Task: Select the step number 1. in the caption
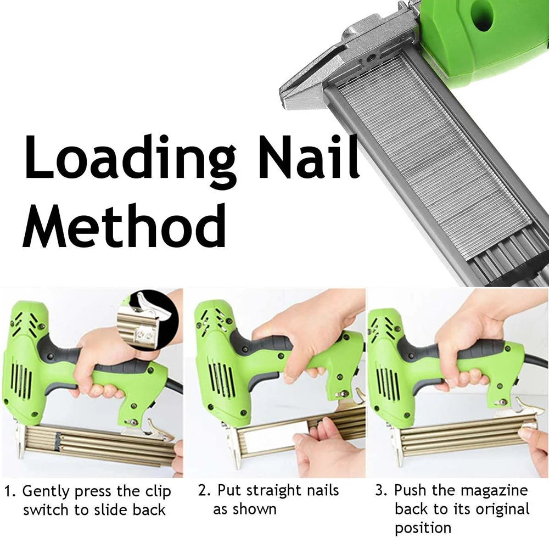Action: point(10,491)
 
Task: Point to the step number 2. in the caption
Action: point(204,490)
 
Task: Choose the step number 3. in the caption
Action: point(382,490)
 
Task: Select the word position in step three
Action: point(423,528)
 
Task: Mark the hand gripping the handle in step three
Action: point(467,351)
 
